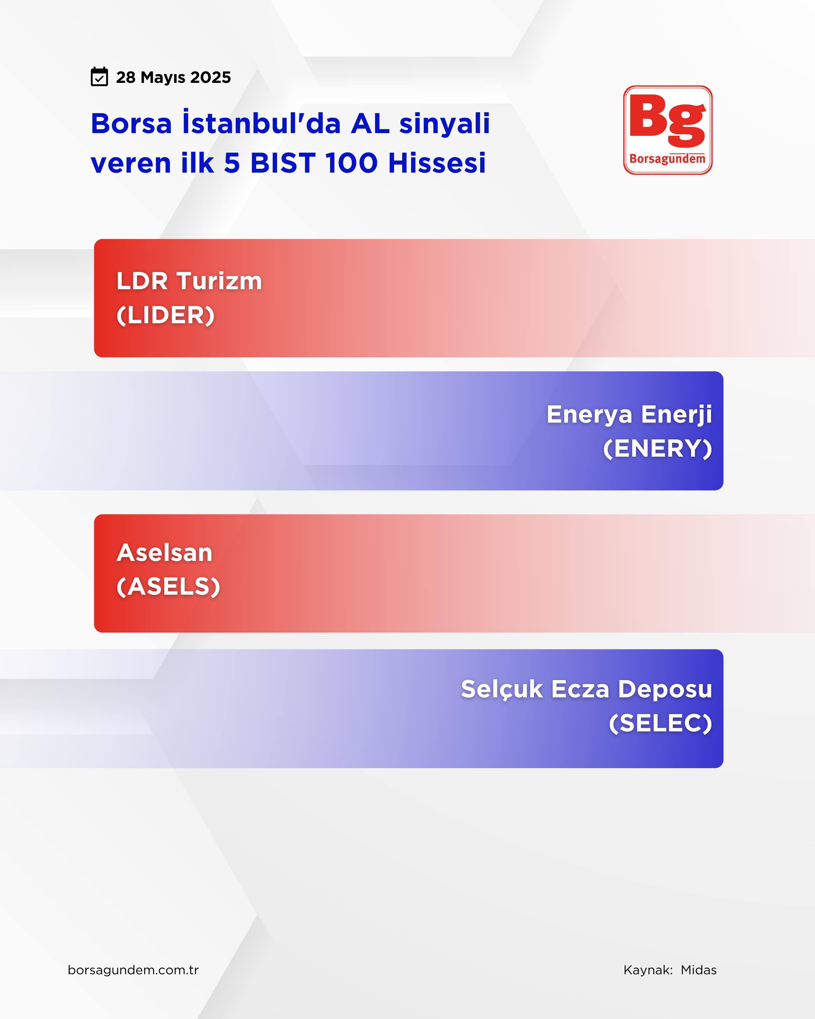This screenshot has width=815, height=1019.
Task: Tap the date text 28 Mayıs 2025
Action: (173, 77)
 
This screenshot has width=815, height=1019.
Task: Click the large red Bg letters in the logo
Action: (668, 120)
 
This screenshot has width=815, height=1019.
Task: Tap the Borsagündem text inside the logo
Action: (668, 159)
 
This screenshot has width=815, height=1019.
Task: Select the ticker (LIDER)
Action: (165, 315)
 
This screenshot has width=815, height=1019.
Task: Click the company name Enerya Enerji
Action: (629, 414)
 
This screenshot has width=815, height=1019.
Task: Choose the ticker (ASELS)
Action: (168, 586)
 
